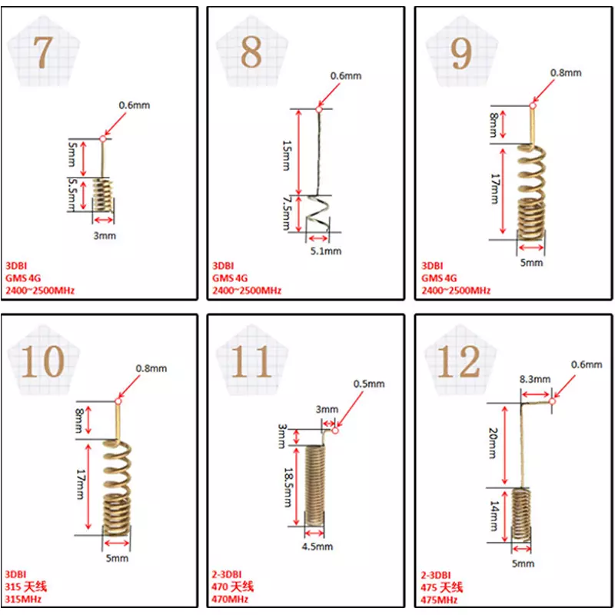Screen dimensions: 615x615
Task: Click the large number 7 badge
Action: [x=43, y=52]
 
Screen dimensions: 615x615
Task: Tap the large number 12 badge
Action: [x=459, y=361]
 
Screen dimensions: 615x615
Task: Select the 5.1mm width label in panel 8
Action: [x=326, y=251]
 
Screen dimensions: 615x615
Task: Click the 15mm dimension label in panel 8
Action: [x=287, y=155]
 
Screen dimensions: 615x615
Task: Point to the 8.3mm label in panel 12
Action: [x=535, y=379]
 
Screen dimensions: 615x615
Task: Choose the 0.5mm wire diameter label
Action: [x=369, y=384]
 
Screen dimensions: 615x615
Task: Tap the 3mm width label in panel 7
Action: [x=105, y=236]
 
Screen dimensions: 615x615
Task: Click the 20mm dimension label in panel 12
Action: [x=493, y=444]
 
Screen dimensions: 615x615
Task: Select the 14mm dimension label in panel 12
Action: [x=494, y=516]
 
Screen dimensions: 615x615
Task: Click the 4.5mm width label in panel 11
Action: [x=317, y=547]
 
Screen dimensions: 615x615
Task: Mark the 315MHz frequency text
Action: [x=23, y=599]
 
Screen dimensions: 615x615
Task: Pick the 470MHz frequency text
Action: [x=230, y=599]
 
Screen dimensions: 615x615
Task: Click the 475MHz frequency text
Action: [x=439, y=600]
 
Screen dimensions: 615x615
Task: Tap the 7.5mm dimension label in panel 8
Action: [x=287, y=213]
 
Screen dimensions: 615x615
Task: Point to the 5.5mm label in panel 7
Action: [x=71, y=194]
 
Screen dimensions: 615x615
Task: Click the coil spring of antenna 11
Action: [x=315, y=486]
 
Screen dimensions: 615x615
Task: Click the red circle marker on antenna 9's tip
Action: [x=532, y=105]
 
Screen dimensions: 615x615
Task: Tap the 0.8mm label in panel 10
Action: [x=151, y=369]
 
